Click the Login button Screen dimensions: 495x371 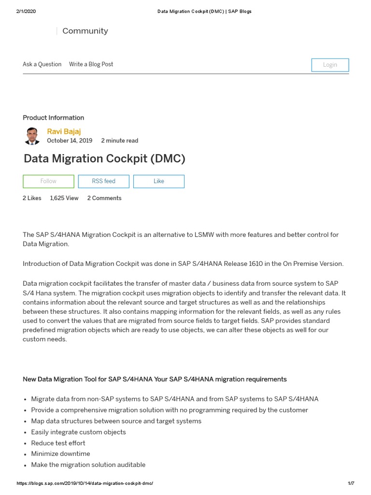pos(330,65)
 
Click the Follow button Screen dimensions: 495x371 pos(48,181)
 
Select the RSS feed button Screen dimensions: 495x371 pos(103,181)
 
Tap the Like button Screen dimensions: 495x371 pos(158,181)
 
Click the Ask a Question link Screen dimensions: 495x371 pos(42,64)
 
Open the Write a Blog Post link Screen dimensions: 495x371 pos(91,64)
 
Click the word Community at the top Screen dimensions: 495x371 pos(85,31)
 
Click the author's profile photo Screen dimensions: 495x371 pos(32,136)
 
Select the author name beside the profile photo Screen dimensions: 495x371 pos(64,131)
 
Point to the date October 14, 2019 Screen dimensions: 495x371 pos(69,141)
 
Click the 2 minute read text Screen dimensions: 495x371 pos(119,141)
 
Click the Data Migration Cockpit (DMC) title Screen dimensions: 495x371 pos(104,159)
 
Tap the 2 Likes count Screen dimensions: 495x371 pos(32,198)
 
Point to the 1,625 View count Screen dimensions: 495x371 pos(64,198)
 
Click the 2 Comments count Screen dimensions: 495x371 pos(104,198)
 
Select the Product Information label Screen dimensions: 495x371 pos(53,117)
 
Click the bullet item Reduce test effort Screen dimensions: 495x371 pos(58,443)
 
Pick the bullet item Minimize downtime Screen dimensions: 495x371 pos(60,453)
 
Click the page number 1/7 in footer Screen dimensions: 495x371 pos(351,483)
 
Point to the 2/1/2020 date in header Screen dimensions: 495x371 pos(26,12)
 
